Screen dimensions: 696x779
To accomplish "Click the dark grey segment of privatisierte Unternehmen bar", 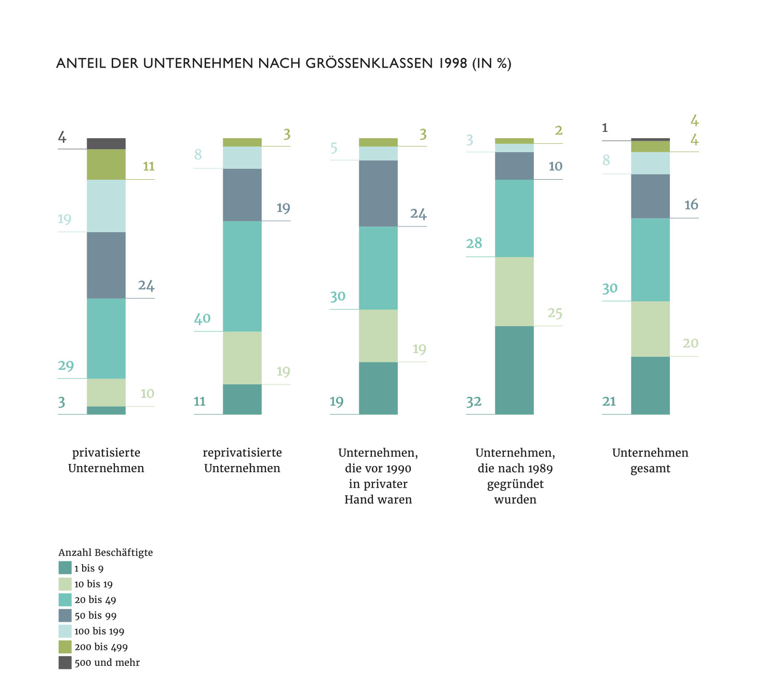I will click(106, 143).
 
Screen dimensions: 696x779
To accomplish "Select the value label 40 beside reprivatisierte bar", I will click(202, 318).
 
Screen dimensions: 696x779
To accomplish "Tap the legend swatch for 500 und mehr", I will click(65, 662).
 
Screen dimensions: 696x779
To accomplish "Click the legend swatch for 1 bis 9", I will click(65, 568).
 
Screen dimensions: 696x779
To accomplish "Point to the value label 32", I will click(474, 401).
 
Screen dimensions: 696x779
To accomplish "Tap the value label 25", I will click(555, 313).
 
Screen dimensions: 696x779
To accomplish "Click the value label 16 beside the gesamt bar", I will click(691, 205).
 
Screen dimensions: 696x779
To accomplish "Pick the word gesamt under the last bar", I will click(650, 469).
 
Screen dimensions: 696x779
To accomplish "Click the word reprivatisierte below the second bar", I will click(242, 453).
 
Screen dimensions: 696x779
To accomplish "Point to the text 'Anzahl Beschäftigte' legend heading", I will click(105, 552).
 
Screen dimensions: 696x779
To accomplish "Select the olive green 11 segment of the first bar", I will click(106, 164).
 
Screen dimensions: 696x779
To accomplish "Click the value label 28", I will click(474, 243).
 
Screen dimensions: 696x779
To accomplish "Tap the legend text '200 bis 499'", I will click(101, 647).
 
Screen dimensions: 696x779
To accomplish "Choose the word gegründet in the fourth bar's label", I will click(515, 484).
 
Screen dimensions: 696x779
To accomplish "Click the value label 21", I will click(609, 401).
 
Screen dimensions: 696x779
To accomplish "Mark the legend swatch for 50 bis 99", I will click(65, 615).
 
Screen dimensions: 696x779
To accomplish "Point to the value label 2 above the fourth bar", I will click(558, 130).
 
